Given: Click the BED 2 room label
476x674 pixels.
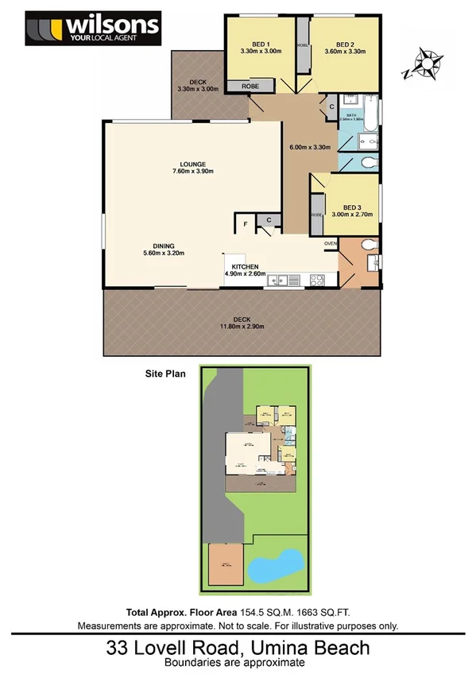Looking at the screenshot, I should pos(344,45).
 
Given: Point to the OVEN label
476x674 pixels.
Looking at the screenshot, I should pos(331,243).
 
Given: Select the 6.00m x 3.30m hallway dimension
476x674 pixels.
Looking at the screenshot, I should pos(308,147).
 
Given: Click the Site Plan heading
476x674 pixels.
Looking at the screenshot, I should pos(164,371).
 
